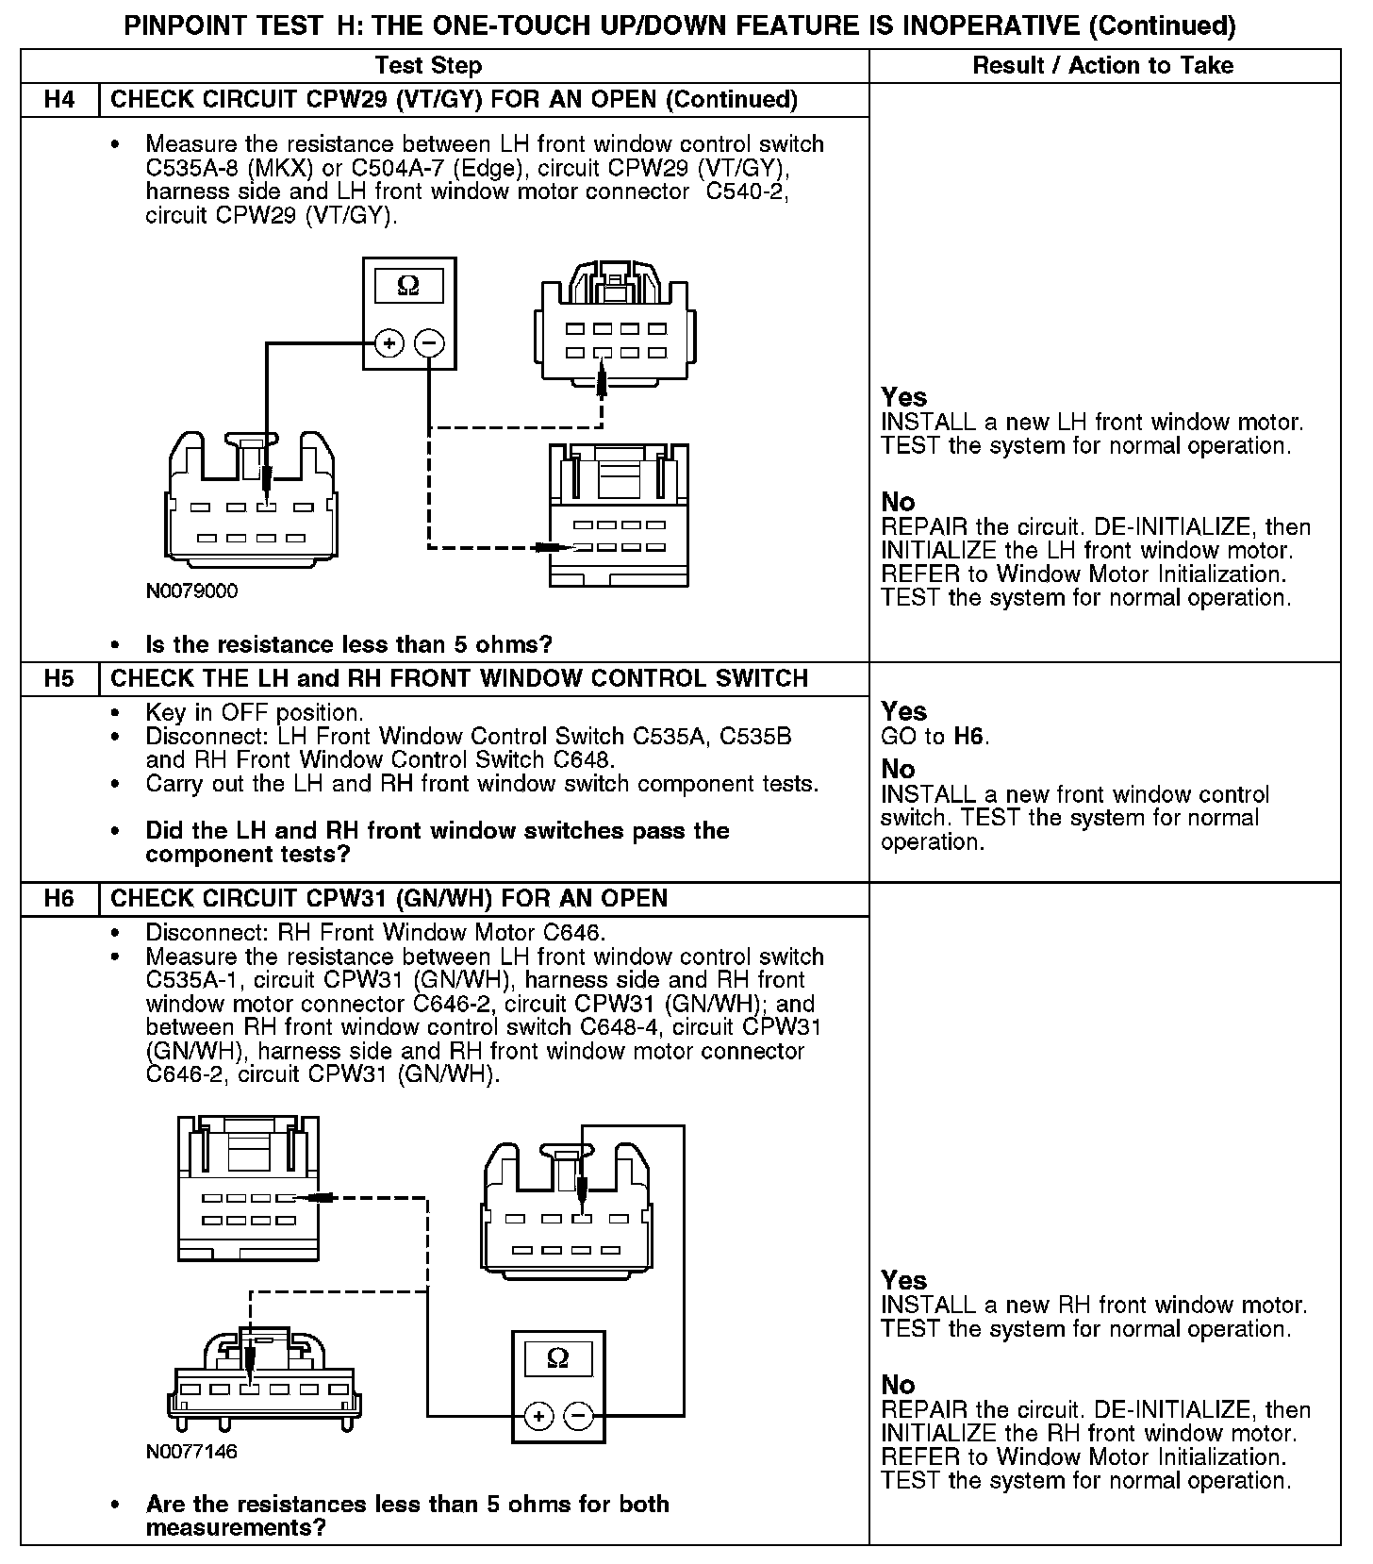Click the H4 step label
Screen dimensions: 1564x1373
[x=59, y=100]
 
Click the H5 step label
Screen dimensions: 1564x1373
[x=59, y=679]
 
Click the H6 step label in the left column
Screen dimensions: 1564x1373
[x=59, y=899]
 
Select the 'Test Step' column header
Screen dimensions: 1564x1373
[x=428, y=66]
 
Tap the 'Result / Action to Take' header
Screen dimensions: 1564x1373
[x=1102, y=66]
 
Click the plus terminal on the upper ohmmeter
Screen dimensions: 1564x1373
[x=389, y=342]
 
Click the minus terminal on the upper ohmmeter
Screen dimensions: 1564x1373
[x=429, y=342]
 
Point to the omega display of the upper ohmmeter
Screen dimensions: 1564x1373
[x=409, y=286]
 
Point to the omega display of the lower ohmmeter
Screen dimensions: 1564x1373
[x=557, y=1358]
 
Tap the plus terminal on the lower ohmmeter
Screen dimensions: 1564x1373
[x=538, y=1416]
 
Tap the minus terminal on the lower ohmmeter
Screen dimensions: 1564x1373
[x=578, y=1416]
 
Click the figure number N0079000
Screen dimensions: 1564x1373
[x=192, y=591]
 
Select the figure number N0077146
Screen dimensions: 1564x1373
[x=192, y=1452]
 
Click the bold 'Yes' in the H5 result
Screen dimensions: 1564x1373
[x=903, y=711]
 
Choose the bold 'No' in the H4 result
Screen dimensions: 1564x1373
[x=898, y=502]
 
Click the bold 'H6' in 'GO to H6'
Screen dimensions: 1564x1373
[x=969, y=736]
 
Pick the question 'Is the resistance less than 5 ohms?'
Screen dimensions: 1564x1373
[x=349, y=645]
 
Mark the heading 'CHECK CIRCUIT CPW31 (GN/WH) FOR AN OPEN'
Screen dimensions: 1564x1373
[x=389, y=899]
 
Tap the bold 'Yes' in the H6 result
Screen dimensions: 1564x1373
[x=903, y=1280]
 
